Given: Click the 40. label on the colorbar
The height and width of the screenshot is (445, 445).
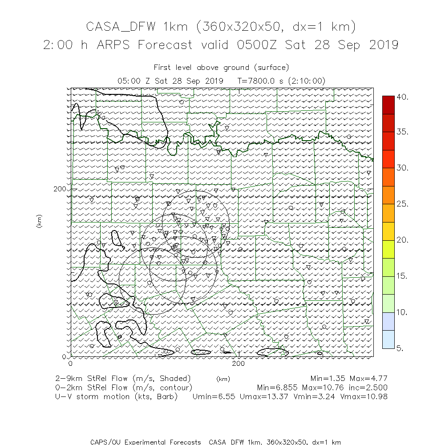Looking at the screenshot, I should pos(402,97).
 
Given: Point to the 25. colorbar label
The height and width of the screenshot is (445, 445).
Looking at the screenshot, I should pos(402,204).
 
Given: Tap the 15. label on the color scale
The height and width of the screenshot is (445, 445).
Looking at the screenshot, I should pos(402,276).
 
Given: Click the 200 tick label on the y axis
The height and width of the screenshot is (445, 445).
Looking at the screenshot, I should pos(60,189).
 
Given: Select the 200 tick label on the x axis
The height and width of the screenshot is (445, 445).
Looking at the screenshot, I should pos(239,363).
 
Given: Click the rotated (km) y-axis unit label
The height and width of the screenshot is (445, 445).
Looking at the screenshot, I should pos(40,222).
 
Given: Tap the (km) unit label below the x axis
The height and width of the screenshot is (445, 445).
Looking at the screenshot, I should pos(223,379).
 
